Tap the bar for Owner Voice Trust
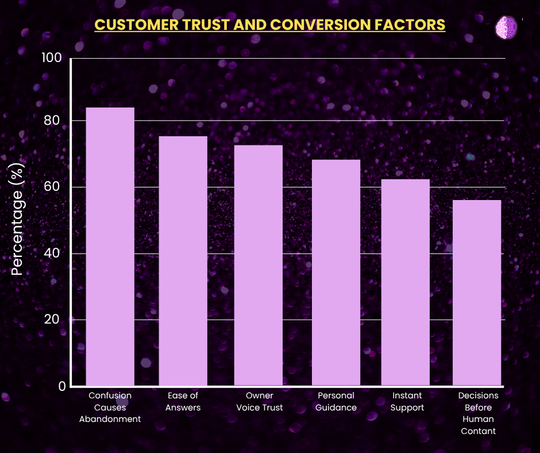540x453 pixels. pos(258,265)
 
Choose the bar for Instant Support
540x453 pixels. pos(406,282)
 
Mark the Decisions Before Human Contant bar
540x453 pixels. pos(477,293)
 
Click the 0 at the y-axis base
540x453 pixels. pos(60,386)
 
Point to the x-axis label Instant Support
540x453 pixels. pos(407,401)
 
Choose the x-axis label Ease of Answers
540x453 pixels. pos(183,401)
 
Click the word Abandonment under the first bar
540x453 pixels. pos(110,419)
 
